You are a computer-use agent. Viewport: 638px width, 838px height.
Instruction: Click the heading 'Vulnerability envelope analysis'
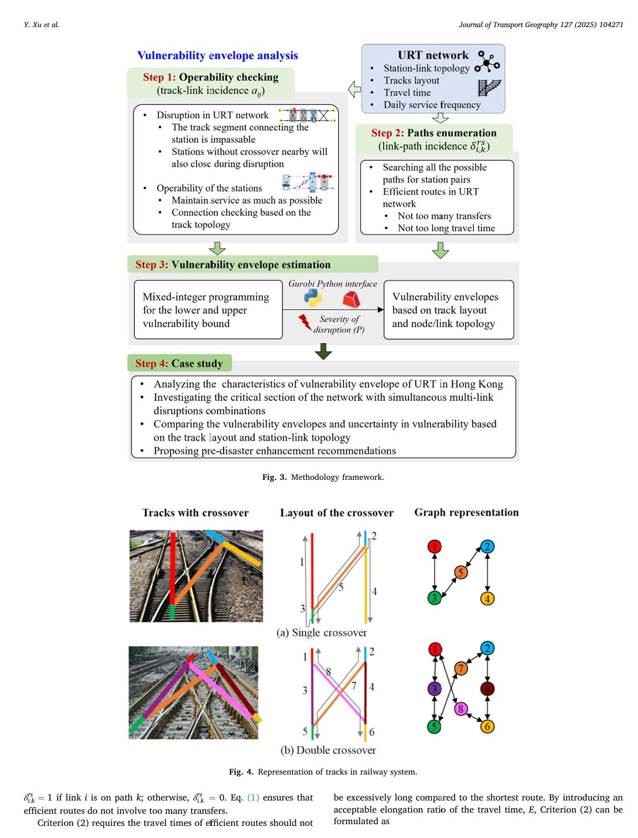(x=217, y=55)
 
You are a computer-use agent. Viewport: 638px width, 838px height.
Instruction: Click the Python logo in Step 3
(x=312, y=298)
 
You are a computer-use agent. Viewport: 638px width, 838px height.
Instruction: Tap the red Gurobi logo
(x=351, y=299)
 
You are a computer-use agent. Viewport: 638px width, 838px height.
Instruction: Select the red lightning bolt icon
(x=305, y=324)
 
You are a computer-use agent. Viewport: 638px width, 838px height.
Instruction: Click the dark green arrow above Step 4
(x=323, y=351)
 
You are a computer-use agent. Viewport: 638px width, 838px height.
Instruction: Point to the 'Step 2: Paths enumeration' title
(x=433, y=133)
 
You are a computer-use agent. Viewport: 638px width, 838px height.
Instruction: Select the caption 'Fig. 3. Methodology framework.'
(x=323, y=477)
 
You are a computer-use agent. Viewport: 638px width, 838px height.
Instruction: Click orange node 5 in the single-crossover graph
(x=460, y=572)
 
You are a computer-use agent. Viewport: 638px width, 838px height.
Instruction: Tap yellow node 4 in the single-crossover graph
(x=487, y=598)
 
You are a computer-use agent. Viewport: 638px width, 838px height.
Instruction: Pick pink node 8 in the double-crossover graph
(x=460, y=709)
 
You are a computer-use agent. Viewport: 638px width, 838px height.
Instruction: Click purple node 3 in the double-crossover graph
(x=434, y=689)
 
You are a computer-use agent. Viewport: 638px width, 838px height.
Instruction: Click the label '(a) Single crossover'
(x=322, y=633)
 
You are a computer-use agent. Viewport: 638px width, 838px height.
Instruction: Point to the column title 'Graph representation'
(x=466, y=512)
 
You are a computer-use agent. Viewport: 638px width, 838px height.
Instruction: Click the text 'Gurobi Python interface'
(x=333, y=284)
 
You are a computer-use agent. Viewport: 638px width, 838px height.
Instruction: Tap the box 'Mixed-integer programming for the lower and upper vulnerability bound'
(x=208, y=310)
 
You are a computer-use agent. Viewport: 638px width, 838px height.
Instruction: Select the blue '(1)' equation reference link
(x=253, y=798)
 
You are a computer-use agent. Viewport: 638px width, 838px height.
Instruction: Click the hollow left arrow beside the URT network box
(x=354, y=89)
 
